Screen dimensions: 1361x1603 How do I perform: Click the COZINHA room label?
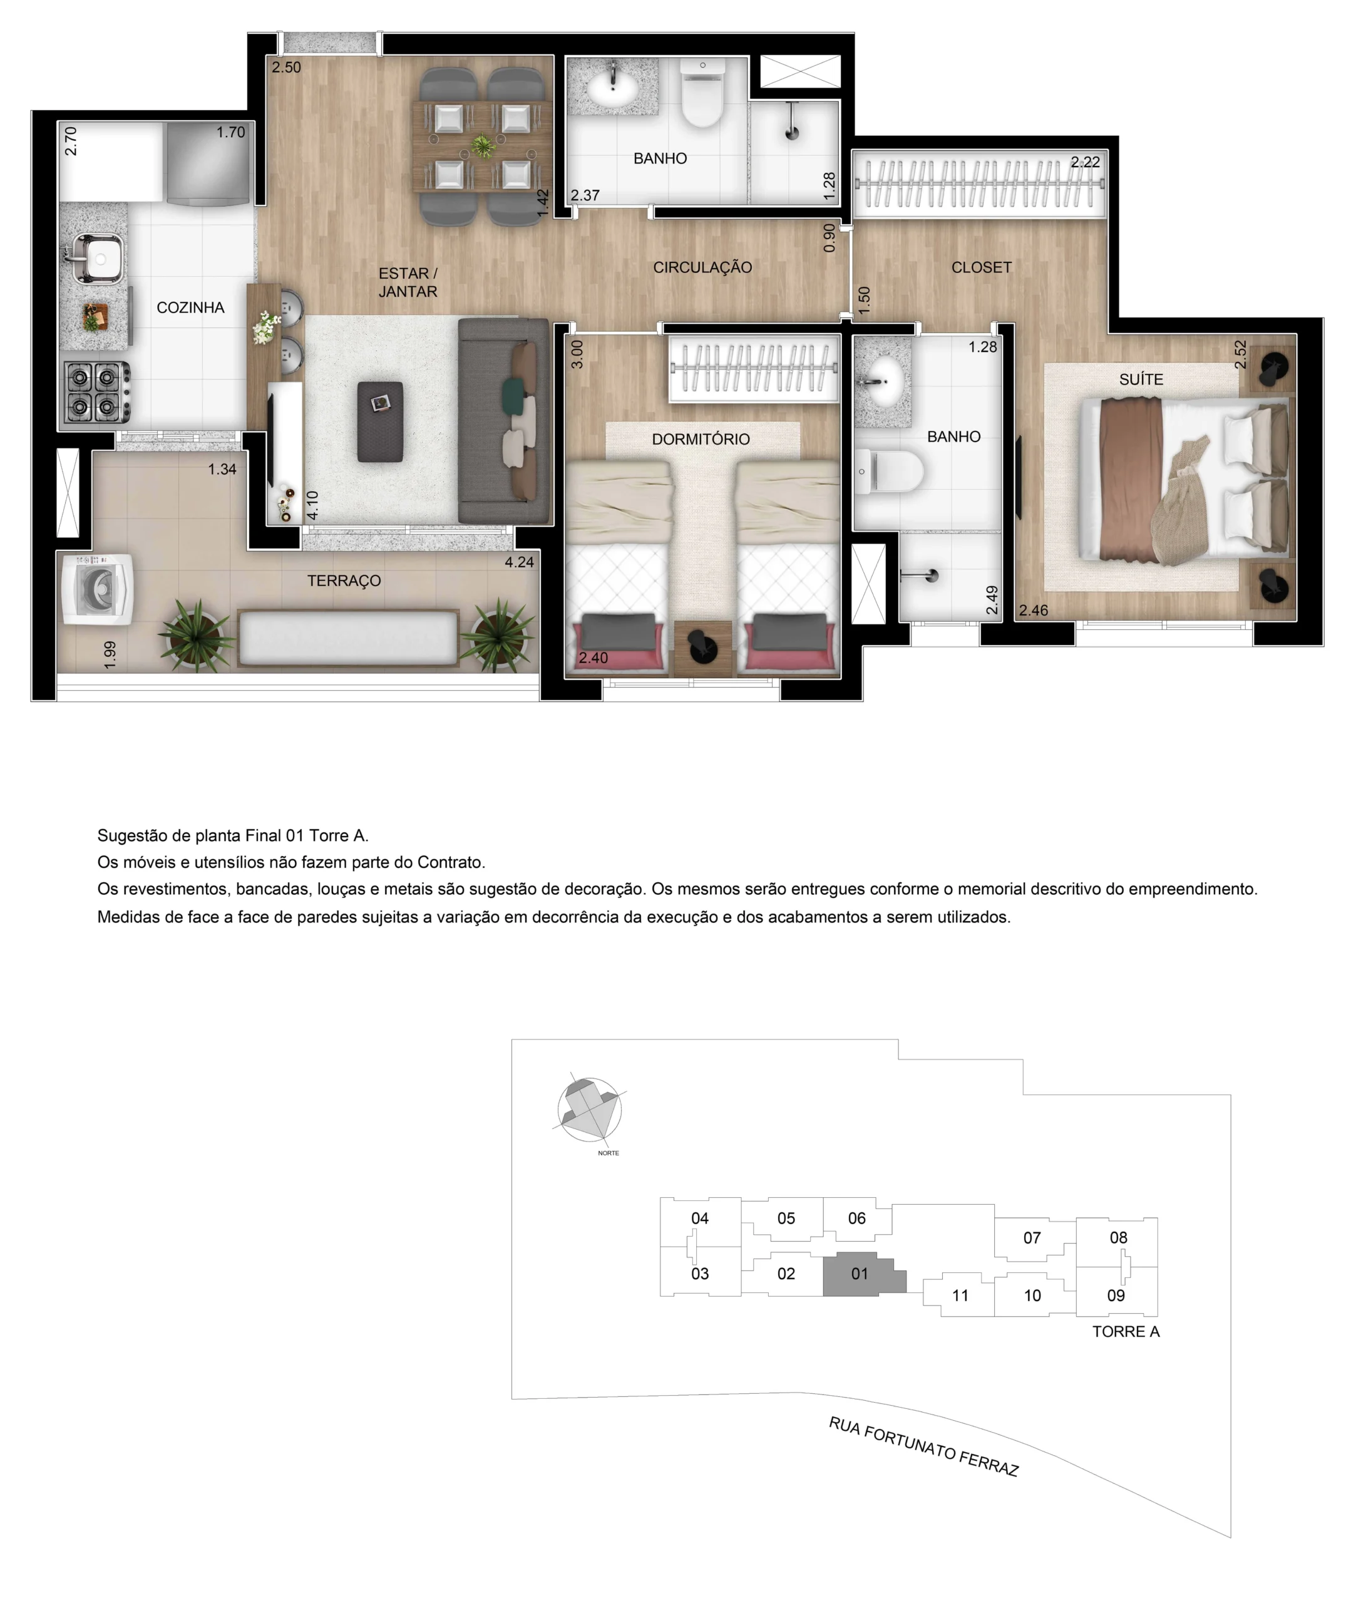pos(190,308)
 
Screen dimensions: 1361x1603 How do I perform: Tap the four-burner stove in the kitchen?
pos(96,392)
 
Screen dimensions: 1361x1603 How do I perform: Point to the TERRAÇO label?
pos(344,581)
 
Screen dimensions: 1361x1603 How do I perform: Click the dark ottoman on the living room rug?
pos(381,421)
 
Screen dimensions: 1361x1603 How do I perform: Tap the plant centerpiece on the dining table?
pos(483,146)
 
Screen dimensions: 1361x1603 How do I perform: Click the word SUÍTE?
pos(1141,379)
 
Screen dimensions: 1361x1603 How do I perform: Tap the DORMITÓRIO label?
pos(701,439)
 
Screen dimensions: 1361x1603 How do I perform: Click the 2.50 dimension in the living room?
pos(286,68)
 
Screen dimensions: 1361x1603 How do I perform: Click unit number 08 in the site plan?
pos(1118,1237)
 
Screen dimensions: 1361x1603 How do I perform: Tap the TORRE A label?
pos(1126,1331)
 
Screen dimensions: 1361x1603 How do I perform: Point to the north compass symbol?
pos(590,1109)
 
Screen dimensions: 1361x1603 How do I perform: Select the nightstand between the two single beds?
pos(702,649)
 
